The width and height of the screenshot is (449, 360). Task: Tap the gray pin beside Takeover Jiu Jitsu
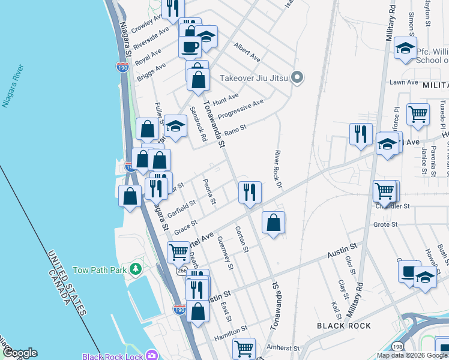[296, 77]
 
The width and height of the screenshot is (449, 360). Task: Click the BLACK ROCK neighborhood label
[343, 326]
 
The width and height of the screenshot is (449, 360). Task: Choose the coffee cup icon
[190, 46]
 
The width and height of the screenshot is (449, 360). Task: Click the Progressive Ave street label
[240, 109]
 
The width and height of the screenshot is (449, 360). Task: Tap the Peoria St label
[209, 191]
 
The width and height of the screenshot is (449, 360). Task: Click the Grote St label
[386, 224]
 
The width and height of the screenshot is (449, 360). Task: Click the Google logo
[20, 353]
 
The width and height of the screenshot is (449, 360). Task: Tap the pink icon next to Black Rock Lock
[153, 356]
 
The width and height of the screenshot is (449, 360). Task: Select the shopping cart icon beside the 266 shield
[178, 252]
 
